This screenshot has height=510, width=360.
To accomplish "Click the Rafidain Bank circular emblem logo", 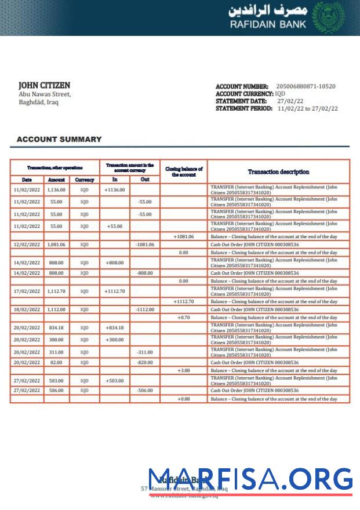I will (328, 17).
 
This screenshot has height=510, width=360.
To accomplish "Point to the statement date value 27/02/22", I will (290, 101).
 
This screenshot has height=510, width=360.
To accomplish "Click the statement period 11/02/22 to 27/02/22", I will (307, 108).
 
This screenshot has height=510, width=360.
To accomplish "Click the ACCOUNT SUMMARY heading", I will (59, 140).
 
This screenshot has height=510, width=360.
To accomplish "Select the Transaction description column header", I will (278, 172).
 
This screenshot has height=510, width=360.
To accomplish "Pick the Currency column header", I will (85, 180).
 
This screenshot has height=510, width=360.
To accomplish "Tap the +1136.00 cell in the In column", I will (114, 190).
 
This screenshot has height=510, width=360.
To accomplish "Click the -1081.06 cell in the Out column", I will (144, 245).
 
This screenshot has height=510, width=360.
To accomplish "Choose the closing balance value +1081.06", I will (183, 237).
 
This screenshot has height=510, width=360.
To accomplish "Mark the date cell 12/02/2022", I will (27, 245).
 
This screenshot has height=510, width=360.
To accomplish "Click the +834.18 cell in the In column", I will (114, 328).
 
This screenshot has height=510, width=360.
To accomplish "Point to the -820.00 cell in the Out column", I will (144, 362).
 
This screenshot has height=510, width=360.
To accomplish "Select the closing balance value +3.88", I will (183, 370).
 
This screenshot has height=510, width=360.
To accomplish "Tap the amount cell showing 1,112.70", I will (56, 291).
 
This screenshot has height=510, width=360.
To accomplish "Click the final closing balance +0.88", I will (183, 399).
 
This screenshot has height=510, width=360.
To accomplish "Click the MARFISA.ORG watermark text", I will (250, 480).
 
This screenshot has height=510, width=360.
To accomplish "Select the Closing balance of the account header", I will (183, 172).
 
